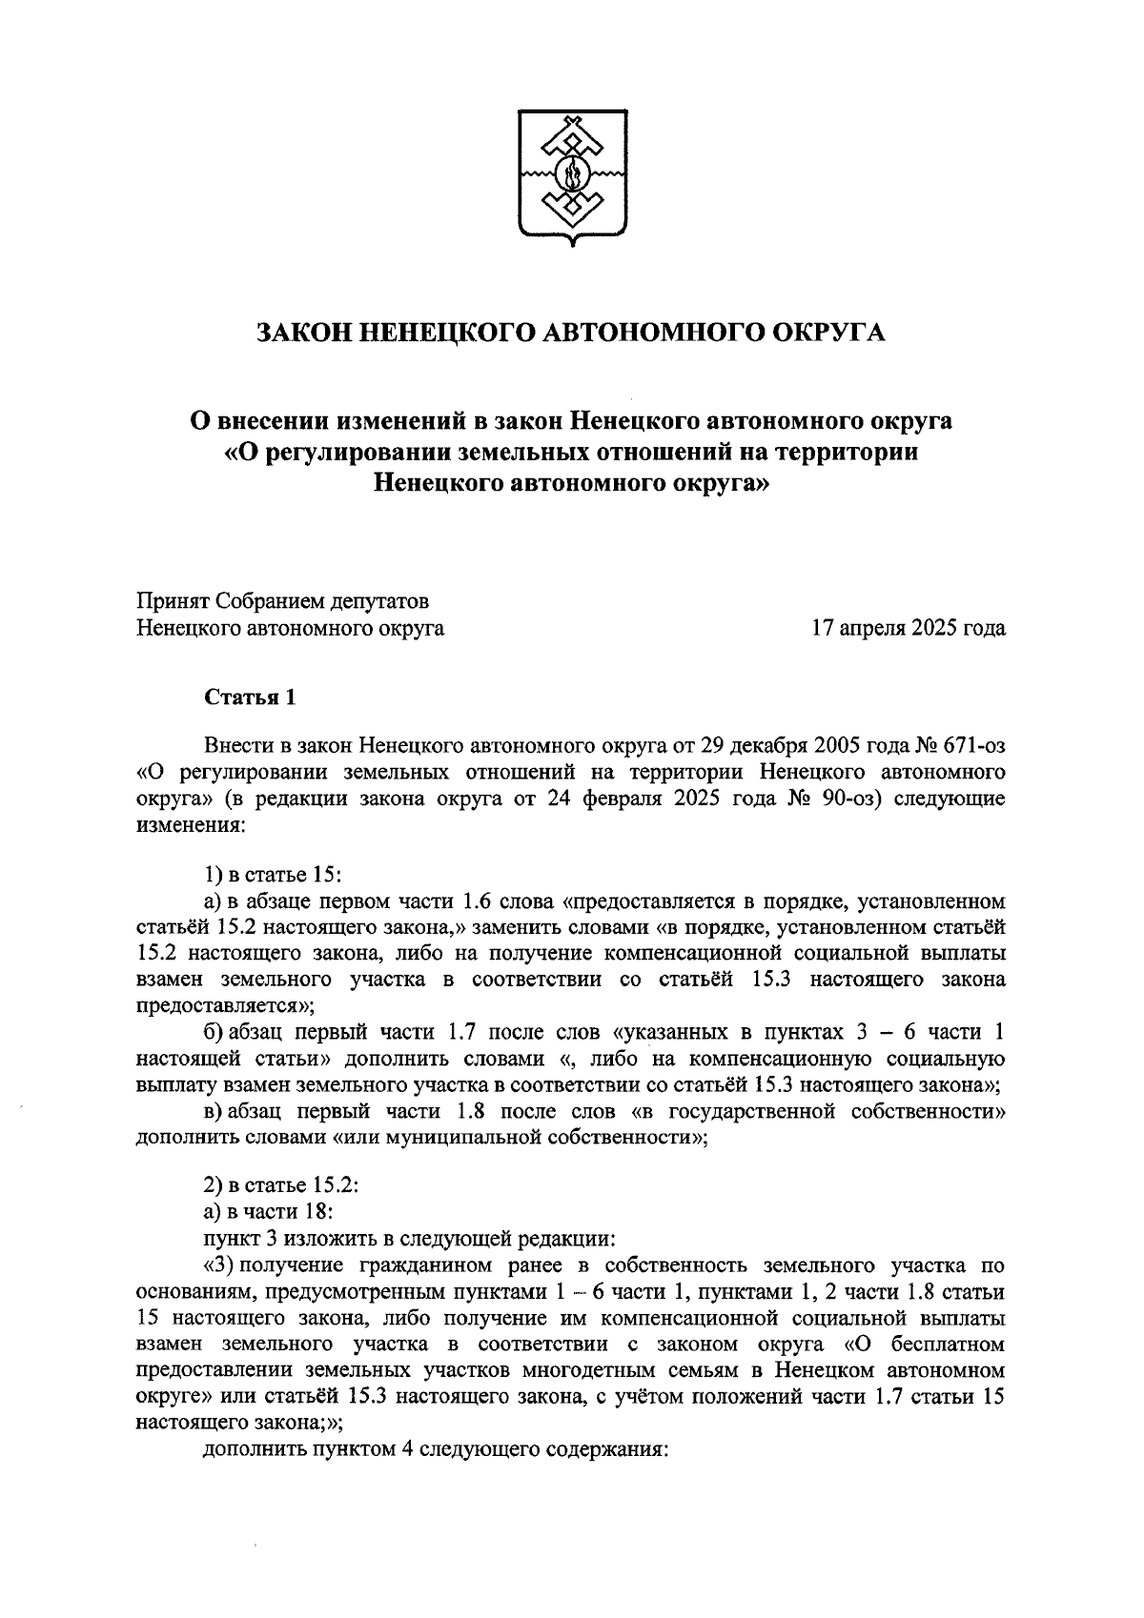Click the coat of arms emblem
(x=572, y=177)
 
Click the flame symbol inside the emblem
(x=573, y=175)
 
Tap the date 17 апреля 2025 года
(x=908, y=628)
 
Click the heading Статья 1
(x=251, y=698)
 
